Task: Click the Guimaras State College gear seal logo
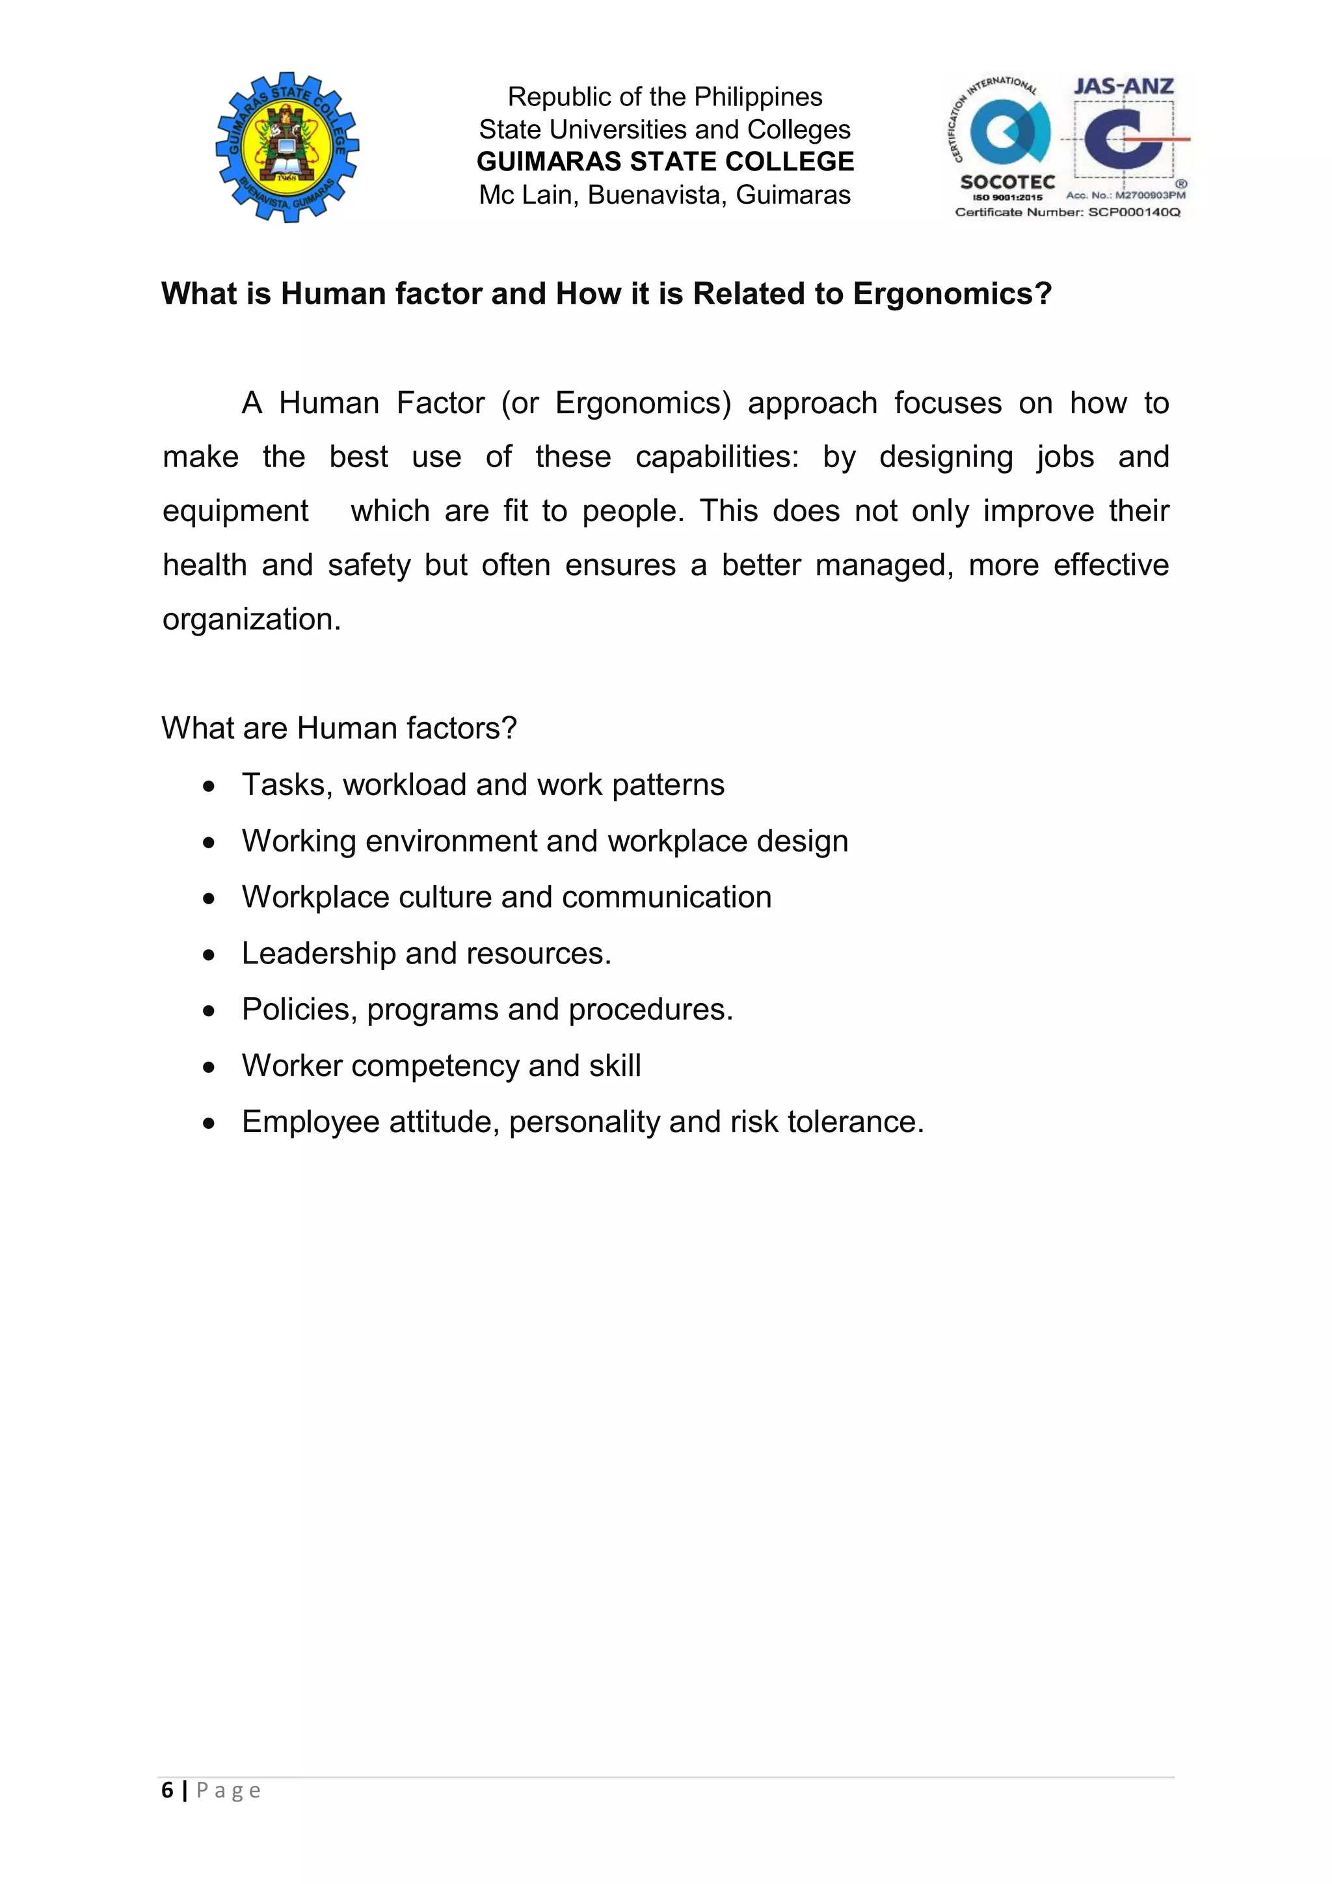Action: (x=287, y=147)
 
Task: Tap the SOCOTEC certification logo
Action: (x=1007, y=139)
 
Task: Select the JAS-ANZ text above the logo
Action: (x=1124, y=86)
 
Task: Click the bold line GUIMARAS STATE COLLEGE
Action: (x=665, y=161)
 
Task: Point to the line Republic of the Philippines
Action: (x=665, y=97)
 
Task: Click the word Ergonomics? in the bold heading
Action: (x=952, y=294)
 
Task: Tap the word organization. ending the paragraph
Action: (x=251, y=619)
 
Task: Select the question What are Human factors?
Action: (x=339, y=729)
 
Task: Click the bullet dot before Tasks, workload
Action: (x=210, y=786)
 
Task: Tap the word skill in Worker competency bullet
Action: (x=615, y=1066)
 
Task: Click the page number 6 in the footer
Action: (x=167, y=1790)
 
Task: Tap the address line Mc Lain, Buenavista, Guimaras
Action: (x=665, y=195)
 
